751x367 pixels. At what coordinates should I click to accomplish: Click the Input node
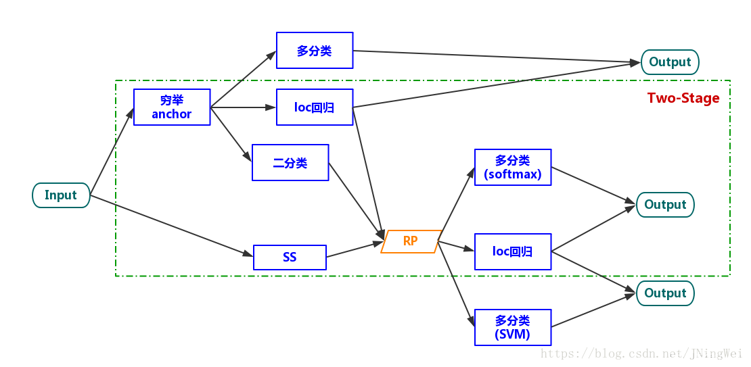pos(61,195)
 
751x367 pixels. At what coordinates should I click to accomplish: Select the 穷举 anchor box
pos(172,107)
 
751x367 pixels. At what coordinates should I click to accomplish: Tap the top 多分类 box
pos(315,51)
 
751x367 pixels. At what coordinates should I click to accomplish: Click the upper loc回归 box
pos(315,107)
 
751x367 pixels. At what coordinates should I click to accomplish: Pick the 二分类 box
pos(290,163)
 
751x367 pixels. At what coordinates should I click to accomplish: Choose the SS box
pos(290,258)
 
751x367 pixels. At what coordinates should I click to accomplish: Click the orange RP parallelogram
pos(411,241)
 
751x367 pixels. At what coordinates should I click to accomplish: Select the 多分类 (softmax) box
pos(513,168)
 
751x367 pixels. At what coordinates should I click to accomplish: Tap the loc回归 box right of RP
pos(513,252)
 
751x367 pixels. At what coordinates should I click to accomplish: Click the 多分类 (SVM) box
pos(513,328)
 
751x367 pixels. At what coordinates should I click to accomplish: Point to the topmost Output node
pos(670,62)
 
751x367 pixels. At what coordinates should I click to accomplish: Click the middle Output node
pos(665,205)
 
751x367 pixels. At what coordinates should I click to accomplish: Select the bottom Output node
pos(665,293)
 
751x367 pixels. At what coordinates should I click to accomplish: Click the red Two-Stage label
pos(683,98)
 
